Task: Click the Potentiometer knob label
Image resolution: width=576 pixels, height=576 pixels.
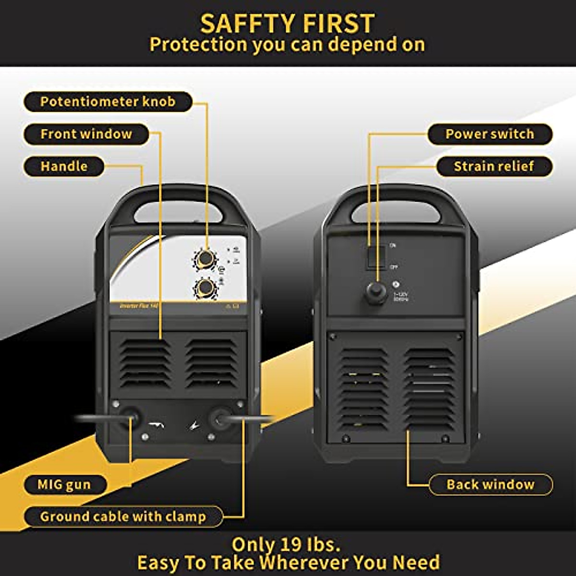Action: (108, 102)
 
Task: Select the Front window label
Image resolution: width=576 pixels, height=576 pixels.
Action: (86, 134)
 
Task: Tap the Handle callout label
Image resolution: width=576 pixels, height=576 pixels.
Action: (64, 167)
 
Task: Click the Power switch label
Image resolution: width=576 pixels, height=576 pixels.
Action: (490, 134)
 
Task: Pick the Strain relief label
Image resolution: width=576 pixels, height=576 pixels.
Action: (494, 167)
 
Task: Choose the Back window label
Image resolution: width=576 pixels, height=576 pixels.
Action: (490, 484)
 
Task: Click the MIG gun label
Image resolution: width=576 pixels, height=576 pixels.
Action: (64, 484)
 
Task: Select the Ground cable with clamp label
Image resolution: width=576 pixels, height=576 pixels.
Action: (123, 516)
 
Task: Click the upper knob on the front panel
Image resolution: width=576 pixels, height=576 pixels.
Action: (205, 259)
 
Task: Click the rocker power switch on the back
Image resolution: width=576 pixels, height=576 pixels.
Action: (376, 256)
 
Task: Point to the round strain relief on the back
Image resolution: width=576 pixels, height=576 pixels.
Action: (375, 292)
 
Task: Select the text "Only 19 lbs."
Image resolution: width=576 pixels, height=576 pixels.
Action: (287, 544)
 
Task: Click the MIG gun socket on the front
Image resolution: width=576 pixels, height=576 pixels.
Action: (129, 417)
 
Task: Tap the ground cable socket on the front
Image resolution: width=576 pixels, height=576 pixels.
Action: (220, 418)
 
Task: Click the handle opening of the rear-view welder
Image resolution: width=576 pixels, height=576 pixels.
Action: (396, 212)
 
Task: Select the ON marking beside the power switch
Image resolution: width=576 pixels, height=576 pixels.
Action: (393, 246)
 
